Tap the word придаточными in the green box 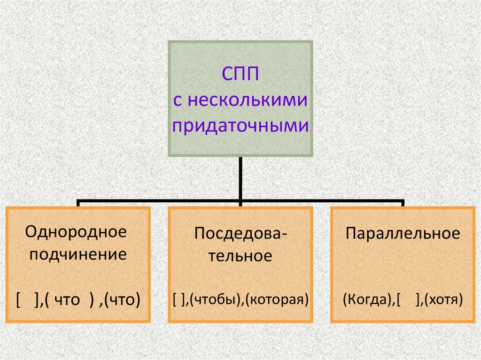[240, 126]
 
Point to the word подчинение [77, 255]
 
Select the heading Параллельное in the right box [403, 233]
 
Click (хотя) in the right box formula [443, 299]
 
